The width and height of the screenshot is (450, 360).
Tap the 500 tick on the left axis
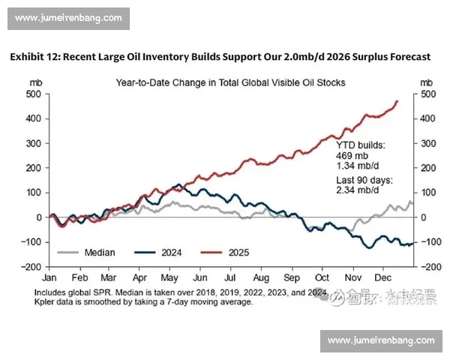33,94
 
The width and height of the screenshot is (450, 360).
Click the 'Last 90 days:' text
364,181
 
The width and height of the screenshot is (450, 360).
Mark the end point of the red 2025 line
397,101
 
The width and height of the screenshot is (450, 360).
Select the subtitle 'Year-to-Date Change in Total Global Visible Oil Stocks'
230,82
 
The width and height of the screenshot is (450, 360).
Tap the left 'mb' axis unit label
35,82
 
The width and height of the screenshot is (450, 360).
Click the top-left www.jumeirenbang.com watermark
68,18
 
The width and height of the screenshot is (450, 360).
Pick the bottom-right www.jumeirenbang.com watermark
381,340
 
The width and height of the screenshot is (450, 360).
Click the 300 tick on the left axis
33,143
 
